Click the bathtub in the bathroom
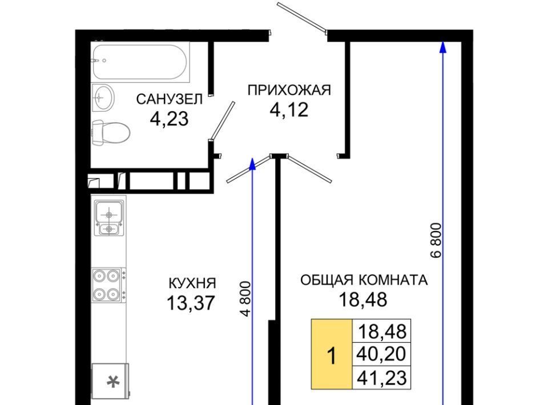tap(140, 62)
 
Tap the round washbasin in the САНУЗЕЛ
tap(103, 97)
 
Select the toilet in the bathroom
tap(111, 133)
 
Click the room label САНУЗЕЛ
tap(169, 99)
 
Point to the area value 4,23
tap(169, 119)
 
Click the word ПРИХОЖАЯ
tap(289, 90)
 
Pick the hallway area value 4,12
tap(289, 110)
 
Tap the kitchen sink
tap(108, 218)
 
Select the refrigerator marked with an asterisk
tap(110, 382)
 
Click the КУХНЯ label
tap(192, 283)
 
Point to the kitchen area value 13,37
tap(191, 303)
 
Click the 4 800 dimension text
tap(246, 299)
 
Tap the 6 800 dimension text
tap(437, 240)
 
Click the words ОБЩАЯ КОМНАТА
tap(364, 280)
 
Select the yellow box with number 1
tap(332, 354)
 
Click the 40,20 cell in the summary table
tap(381, 354)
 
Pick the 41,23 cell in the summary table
tap(381, 378)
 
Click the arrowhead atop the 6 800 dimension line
tap(443, 47)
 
